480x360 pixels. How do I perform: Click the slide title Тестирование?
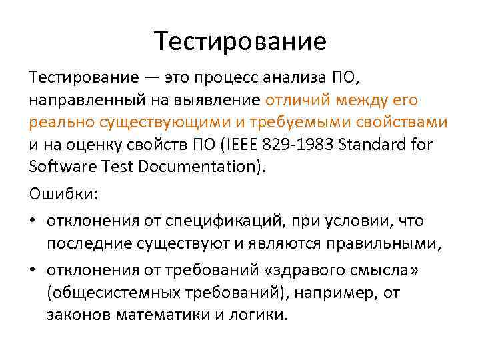point(240,41)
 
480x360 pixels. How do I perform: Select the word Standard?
point(375,144)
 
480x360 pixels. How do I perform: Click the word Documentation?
point(204,165)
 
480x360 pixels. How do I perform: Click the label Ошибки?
point(63,193)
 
